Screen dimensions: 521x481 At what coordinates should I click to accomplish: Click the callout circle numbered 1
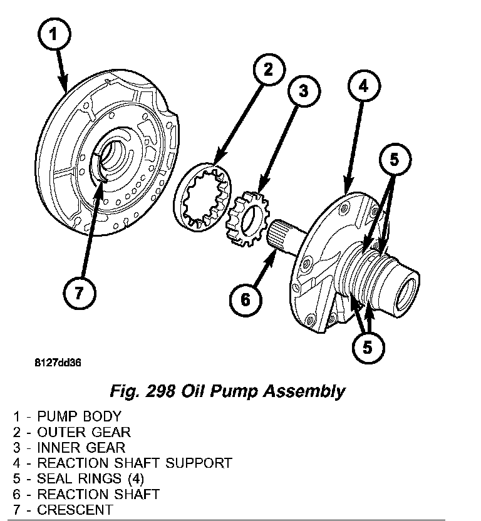pos(54,35)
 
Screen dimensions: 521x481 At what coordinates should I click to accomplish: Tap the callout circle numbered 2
pos(267,70)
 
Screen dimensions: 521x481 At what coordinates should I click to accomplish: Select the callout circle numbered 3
pos(303,91)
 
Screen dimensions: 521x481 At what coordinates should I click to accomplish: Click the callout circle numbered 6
pos(245,299)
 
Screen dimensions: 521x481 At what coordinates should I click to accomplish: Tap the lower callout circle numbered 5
pos(366,346)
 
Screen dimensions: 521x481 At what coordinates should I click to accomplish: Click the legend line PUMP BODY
pos(66,416)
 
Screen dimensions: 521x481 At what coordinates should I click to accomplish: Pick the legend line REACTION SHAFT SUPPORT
pos(122,463)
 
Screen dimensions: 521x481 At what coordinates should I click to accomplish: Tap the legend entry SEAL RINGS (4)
pos(78,479)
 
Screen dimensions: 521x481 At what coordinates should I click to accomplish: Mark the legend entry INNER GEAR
pos(69,448)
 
